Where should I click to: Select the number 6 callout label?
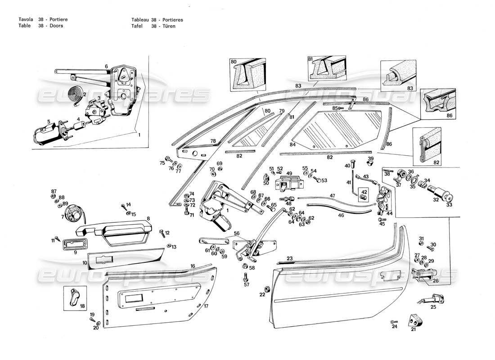(x=106, y=67)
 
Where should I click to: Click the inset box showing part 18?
(x=74, y=298)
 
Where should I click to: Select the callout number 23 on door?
(x=290, y=258)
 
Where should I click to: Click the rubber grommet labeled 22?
(x=266, y=288)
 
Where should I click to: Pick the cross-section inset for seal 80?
(x=246, y=75)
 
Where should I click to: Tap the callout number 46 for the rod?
(x=341, y=216)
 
